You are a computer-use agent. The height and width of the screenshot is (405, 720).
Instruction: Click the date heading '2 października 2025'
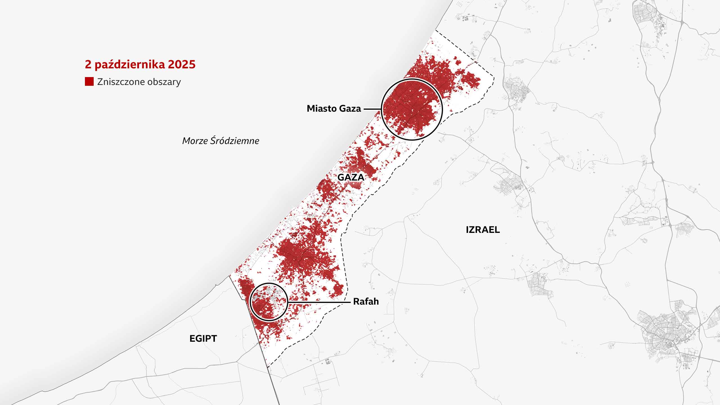140,65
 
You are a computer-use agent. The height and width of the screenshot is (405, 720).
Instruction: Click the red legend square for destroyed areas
89,82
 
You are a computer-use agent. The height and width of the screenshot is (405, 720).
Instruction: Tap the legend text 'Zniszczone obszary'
139,82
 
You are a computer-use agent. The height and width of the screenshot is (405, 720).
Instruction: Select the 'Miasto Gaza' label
334,109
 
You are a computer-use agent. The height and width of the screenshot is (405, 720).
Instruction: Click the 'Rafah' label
366,301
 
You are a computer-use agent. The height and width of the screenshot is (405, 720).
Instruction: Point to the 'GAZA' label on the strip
351,177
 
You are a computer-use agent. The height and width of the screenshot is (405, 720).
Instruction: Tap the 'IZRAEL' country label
483,230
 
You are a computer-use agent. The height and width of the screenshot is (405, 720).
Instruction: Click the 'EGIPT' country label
203,338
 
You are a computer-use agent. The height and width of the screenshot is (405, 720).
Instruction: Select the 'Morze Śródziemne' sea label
220,141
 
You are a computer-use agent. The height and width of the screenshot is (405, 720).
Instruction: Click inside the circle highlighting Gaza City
412,109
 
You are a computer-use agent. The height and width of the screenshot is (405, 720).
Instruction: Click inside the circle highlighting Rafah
269,302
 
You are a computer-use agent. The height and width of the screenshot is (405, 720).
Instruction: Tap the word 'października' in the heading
130,65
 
